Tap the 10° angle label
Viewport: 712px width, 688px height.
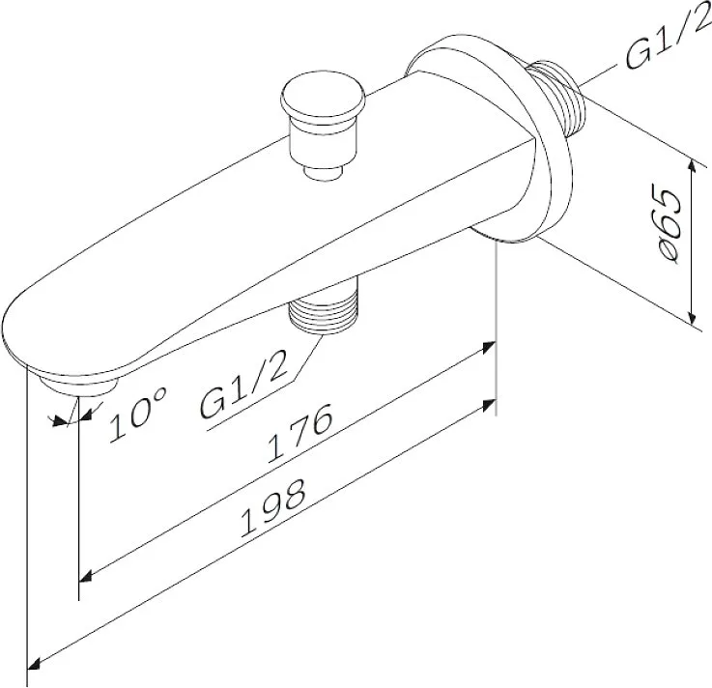click(137, 414)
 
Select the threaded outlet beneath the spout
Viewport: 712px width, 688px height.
click(324, 312)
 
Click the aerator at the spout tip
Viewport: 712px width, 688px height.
click(78, 385)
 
